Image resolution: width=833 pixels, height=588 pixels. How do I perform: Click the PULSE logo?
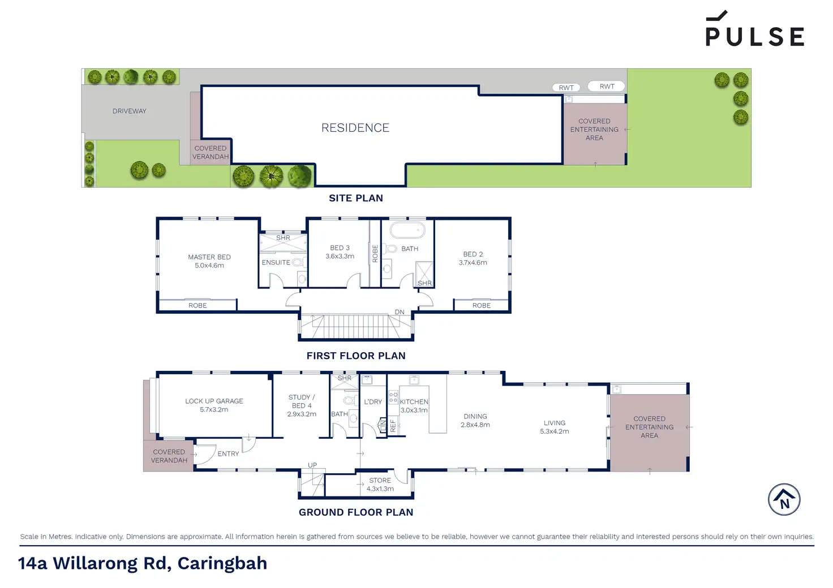754,29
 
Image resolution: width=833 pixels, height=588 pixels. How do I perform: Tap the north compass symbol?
784,499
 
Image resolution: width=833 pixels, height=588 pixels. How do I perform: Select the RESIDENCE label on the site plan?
355,128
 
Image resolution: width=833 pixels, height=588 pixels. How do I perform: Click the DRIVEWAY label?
130,111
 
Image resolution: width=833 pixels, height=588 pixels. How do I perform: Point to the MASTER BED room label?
209,257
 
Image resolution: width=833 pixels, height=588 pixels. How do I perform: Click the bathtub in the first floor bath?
407,230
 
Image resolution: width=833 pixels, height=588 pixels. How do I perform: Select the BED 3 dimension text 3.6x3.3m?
340,256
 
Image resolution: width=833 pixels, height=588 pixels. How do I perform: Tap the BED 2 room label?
473,254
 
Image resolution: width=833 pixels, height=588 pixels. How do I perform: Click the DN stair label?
400,312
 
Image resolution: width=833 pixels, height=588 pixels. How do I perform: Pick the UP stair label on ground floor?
312,465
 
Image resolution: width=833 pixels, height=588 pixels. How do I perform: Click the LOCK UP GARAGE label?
214,401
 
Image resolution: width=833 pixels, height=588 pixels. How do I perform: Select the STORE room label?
380,480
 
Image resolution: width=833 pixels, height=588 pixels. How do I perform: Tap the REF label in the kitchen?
393,426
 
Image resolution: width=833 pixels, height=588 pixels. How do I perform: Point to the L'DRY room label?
373,401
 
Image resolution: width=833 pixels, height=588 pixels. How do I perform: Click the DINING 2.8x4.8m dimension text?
475,425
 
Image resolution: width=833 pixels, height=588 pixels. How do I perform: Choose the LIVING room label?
555,423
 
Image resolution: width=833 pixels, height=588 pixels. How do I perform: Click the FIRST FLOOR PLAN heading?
356,356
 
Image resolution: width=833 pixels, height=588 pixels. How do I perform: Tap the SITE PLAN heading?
356,198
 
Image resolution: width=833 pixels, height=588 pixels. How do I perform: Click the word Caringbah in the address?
222,564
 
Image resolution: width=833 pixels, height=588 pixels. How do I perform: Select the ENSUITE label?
276,262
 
